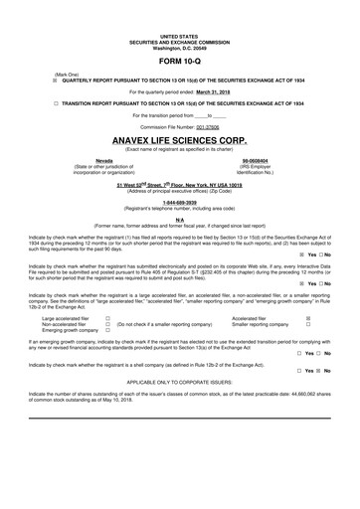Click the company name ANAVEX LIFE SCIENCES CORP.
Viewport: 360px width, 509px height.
[x=179, y=142]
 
